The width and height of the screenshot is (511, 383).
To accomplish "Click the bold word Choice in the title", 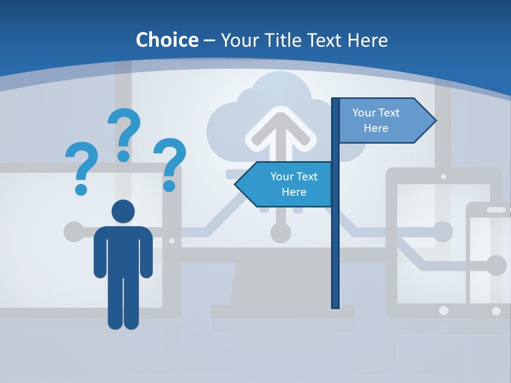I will (167, 40).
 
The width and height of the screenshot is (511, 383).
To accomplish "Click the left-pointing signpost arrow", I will (285, 184).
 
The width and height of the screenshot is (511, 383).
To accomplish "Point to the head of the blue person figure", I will (123, 212).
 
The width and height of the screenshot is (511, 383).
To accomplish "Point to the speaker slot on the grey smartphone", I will (496, 210).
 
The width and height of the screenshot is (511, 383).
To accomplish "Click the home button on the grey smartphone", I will (496, 311).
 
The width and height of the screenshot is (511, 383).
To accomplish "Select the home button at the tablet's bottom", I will (443, 310).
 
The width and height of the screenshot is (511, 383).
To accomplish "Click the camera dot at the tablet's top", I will (443, 176).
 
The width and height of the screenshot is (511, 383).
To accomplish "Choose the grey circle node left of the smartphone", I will (442, 232).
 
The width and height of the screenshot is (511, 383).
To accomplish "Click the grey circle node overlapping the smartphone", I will (496, 265).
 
